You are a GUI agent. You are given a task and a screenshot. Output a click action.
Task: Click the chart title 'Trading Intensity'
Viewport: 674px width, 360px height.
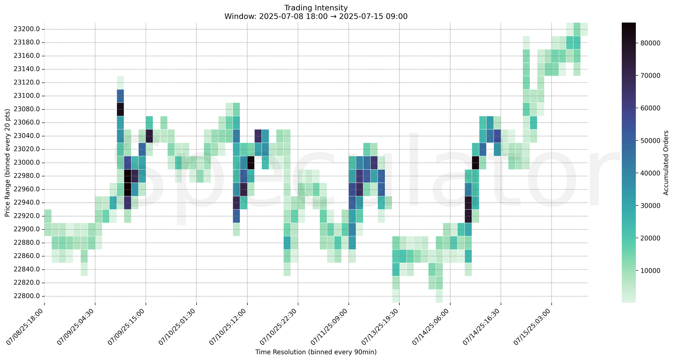click(x=316, y=7)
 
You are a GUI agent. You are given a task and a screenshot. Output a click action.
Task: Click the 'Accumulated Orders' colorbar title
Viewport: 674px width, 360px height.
click(x=666, y=163)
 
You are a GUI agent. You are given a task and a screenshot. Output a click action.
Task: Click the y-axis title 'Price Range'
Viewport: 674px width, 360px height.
click(x=7, y=163)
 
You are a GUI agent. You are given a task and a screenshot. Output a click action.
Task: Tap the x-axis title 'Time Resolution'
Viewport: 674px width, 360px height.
click(x=316, y=352)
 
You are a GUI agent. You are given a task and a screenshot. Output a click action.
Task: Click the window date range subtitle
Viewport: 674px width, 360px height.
click(x=316, y=16)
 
